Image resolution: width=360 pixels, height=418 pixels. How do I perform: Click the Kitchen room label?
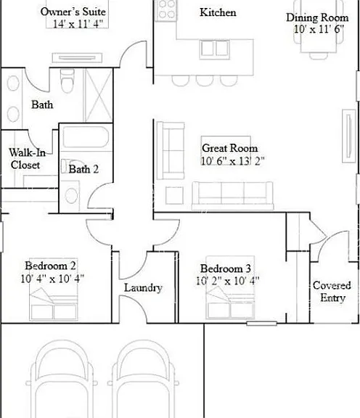218,12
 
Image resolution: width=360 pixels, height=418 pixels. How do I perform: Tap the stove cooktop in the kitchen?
166,11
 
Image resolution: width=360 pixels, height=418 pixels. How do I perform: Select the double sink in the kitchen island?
214,49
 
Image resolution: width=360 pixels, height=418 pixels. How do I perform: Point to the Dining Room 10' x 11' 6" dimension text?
319,29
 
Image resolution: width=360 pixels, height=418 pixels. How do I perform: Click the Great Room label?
230,148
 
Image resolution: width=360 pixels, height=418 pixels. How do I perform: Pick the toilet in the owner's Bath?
67,81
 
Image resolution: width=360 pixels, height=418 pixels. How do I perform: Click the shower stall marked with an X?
98,95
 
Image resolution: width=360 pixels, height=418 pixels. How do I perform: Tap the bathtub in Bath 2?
86,137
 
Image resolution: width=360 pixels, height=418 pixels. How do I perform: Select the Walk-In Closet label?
27,159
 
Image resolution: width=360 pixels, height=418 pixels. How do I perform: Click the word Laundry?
143,287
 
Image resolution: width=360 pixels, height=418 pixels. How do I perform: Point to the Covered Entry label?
332,291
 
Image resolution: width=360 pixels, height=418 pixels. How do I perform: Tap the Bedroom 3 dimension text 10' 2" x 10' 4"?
228,281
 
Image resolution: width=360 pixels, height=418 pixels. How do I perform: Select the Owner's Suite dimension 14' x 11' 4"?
78,24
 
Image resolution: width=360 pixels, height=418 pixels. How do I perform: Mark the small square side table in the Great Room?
174,195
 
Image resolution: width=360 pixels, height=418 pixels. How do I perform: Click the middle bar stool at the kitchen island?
205,81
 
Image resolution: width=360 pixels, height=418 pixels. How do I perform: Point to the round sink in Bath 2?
71,195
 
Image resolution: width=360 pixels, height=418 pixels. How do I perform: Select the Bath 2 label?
83,169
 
